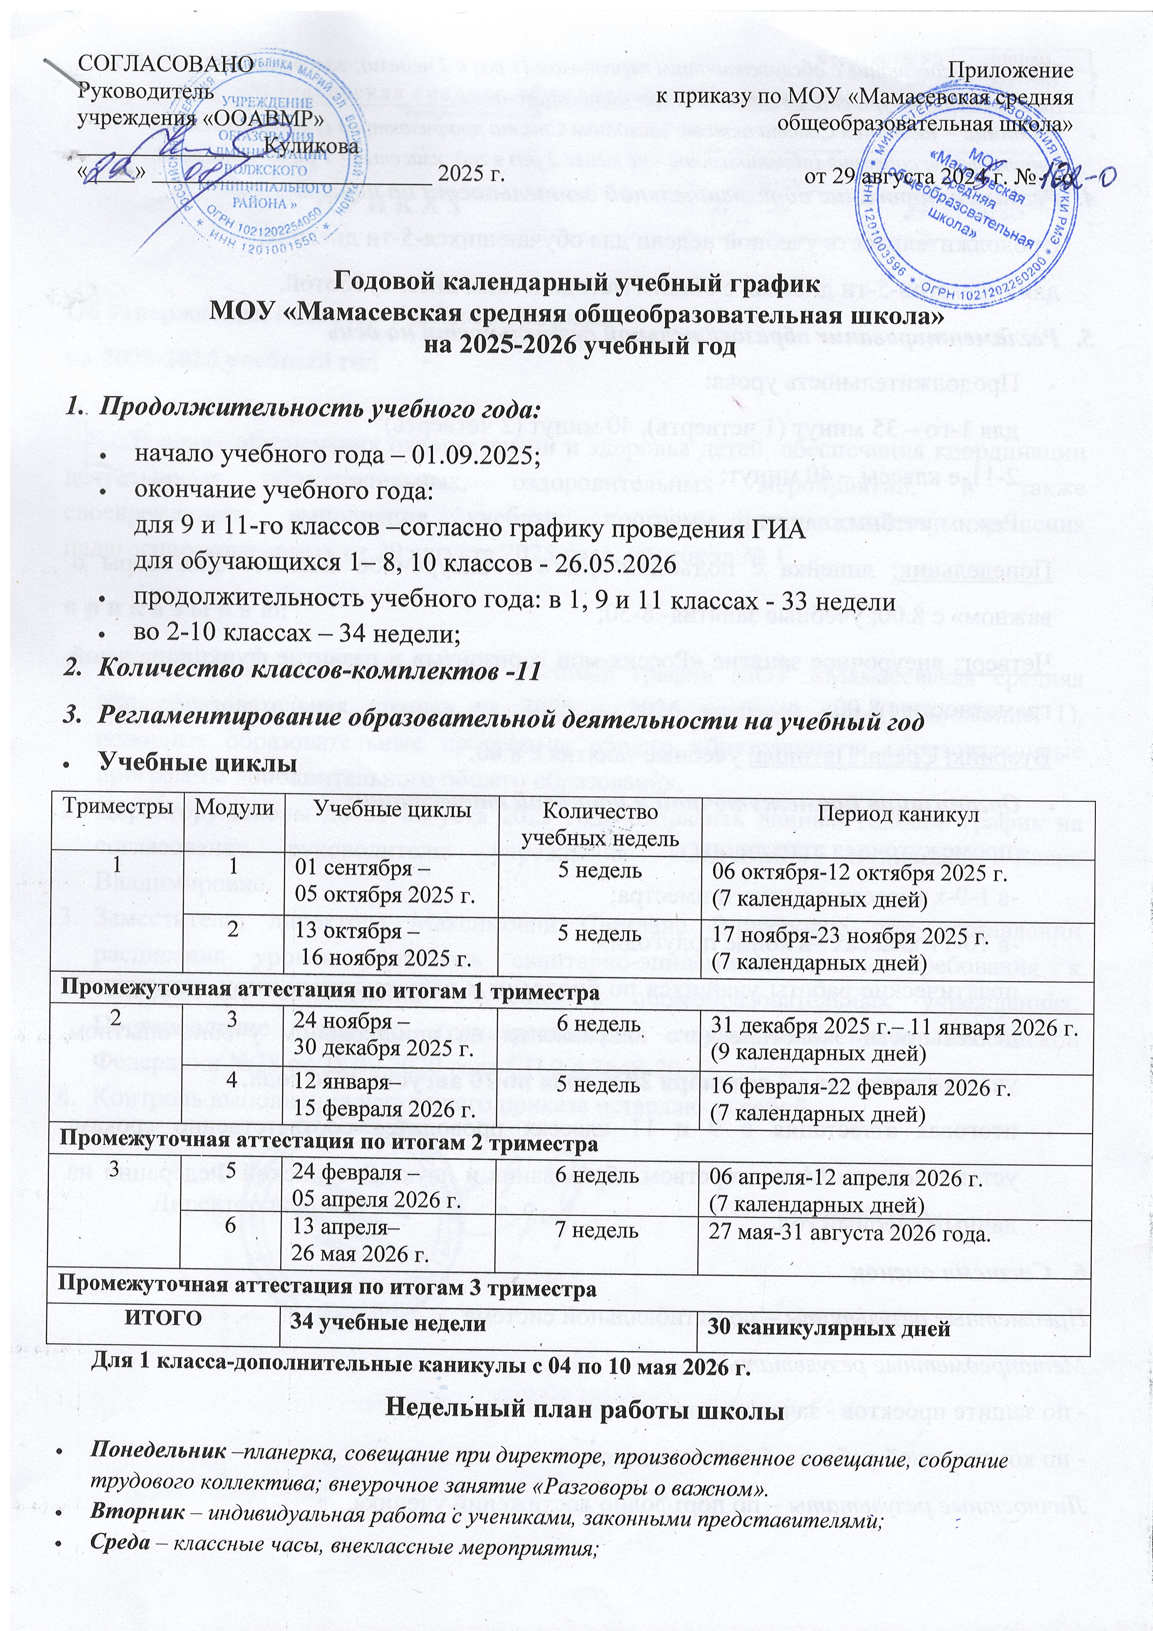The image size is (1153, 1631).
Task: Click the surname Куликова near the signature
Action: tap(311, 146)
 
